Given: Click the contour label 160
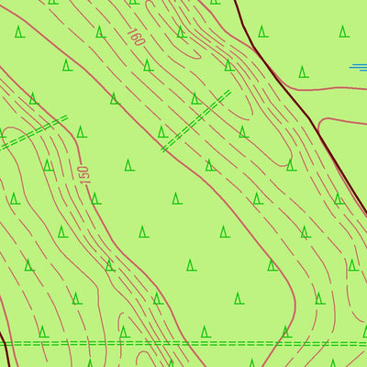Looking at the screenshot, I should point(137,38).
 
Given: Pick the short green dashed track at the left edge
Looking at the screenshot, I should point(33,131).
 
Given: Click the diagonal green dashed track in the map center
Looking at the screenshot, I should point(196,120).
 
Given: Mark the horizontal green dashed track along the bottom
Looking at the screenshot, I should point(183,342).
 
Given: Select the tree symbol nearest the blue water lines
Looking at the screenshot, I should point(303,72).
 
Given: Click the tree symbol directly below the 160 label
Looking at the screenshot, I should point(148,65).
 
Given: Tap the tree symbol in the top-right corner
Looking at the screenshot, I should point(343,31).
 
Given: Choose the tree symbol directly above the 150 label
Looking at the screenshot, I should point(82,131).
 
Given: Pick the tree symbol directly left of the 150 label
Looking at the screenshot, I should point(48,165).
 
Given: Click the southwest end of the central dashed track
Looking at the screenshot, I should point(163,149).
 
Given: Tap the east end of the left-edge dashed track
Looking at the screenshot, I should point(68,118).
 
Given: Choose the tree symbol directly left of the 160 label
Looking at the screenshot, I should point(99,31).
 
